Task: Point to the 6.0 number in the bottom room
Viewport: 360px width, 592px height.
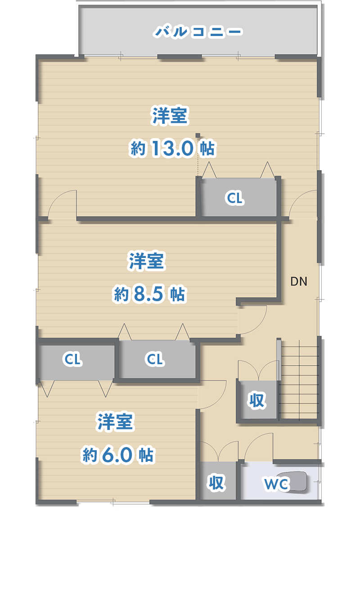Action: (117, 455)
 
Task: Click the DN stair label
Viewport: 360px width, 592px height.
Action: (299, 282)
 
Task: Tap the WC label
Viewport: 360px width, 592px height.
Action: (276, 484)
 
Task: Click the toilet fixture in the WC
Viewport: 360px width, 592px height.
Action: (295, 481)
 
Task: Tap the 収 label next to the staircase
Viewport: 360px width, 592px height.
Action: (257, 400)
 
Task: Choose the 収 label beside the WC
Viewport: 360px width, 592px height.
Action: (216, 483)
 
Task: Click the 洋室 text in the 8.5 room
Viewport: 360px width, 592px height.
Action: (147, 261)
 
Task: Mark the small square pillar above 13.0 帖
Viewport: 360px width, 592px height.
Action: (198, 135)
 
